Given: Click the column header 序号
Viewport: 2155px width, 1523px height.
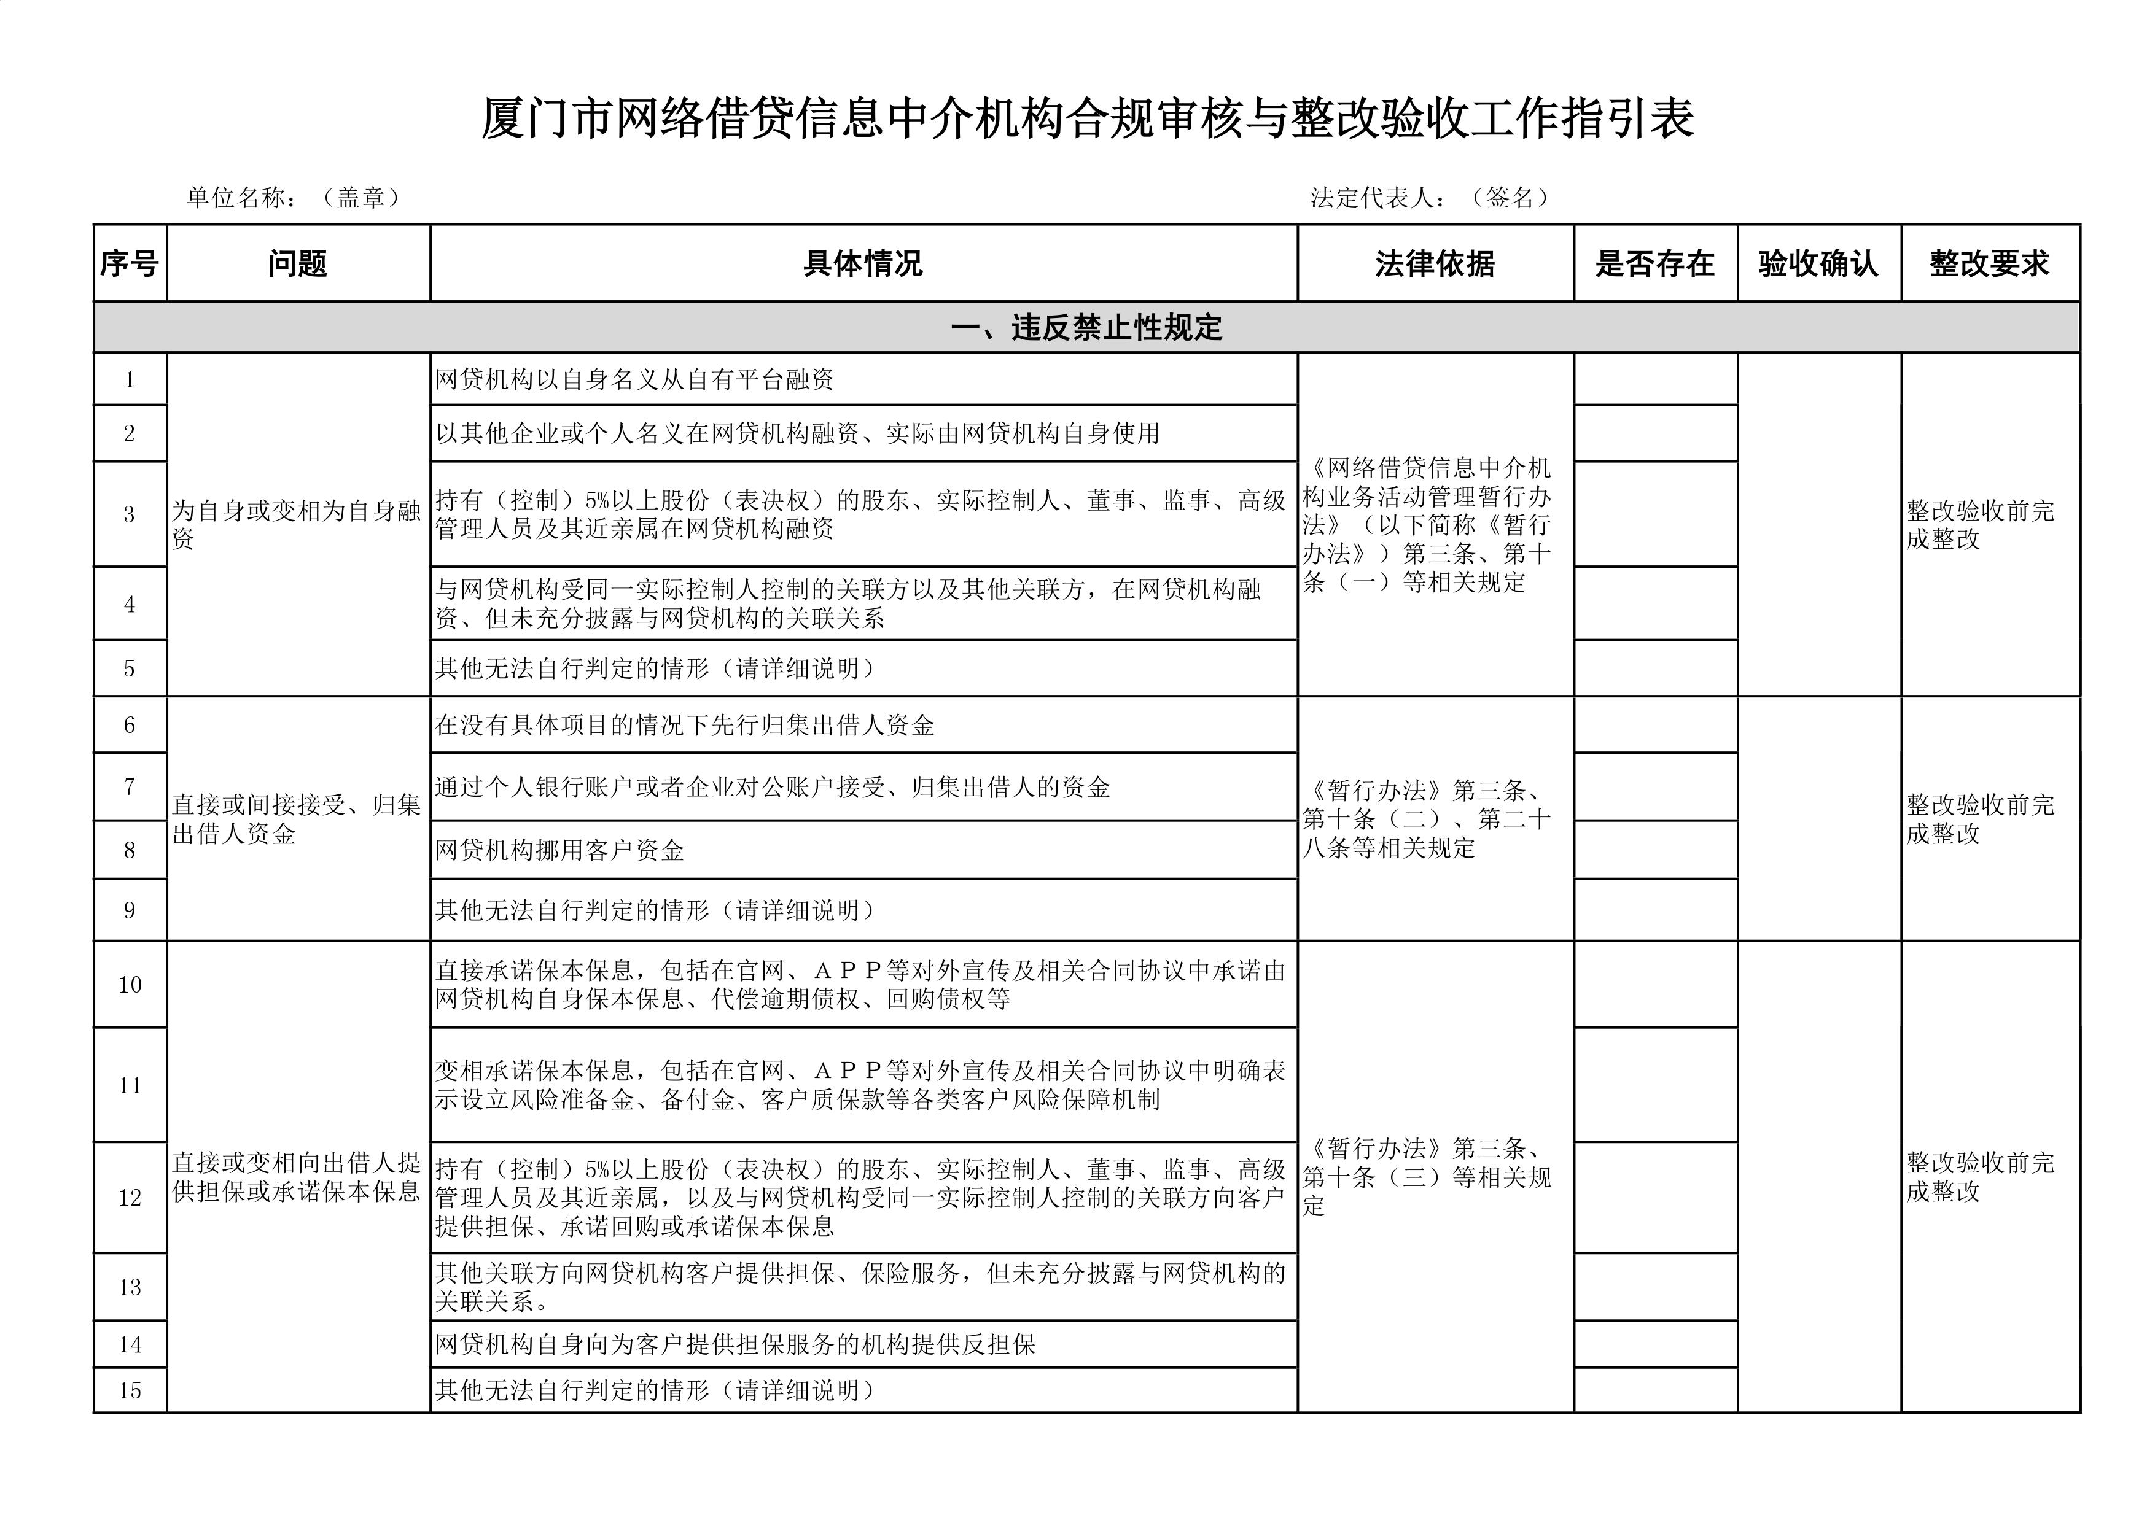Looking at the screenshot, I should pyautogui.click(x=130, y=264).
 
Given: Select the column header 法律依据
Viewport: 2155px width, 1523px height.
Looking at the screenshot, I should pyautogui.click(x=1434, y=264).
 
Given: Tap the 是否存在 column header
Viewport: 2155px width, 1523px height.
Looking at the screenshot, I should pyautogui.click(x=1654, y=264).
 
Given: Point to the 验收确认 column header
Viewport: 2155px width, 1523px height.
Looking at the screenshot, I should pyautogui.click(x=1818, y=264).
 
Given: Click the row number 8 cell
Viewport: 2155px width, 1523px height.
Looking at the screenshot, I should pyautogui.click(x=130, y=850).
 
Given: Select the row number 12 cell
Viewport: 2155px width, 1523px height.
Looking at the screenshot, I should pyautogui.click(x=130, y=1198).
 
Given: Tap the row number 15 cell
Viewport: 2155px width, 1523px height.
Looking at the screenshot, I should pyautogui.click(x=130, y=1390).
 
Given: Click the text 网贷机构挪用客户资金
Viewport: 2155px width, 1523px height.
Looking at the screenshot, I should pyautogui.click(x=559, y=850).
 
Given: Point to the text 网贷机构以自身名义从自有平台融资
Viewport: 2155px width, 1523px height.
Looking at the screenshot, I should pyautogui.click(x=634, y=379).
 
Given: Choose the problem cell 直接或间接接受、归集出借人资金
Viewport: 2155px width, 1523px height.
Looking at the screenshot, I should pyautogui.click(x=297, y=818).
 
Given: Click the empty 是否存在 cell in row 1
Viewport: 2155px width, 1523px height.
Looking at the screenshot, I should pyautogui.click(x=1654, y=379).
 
